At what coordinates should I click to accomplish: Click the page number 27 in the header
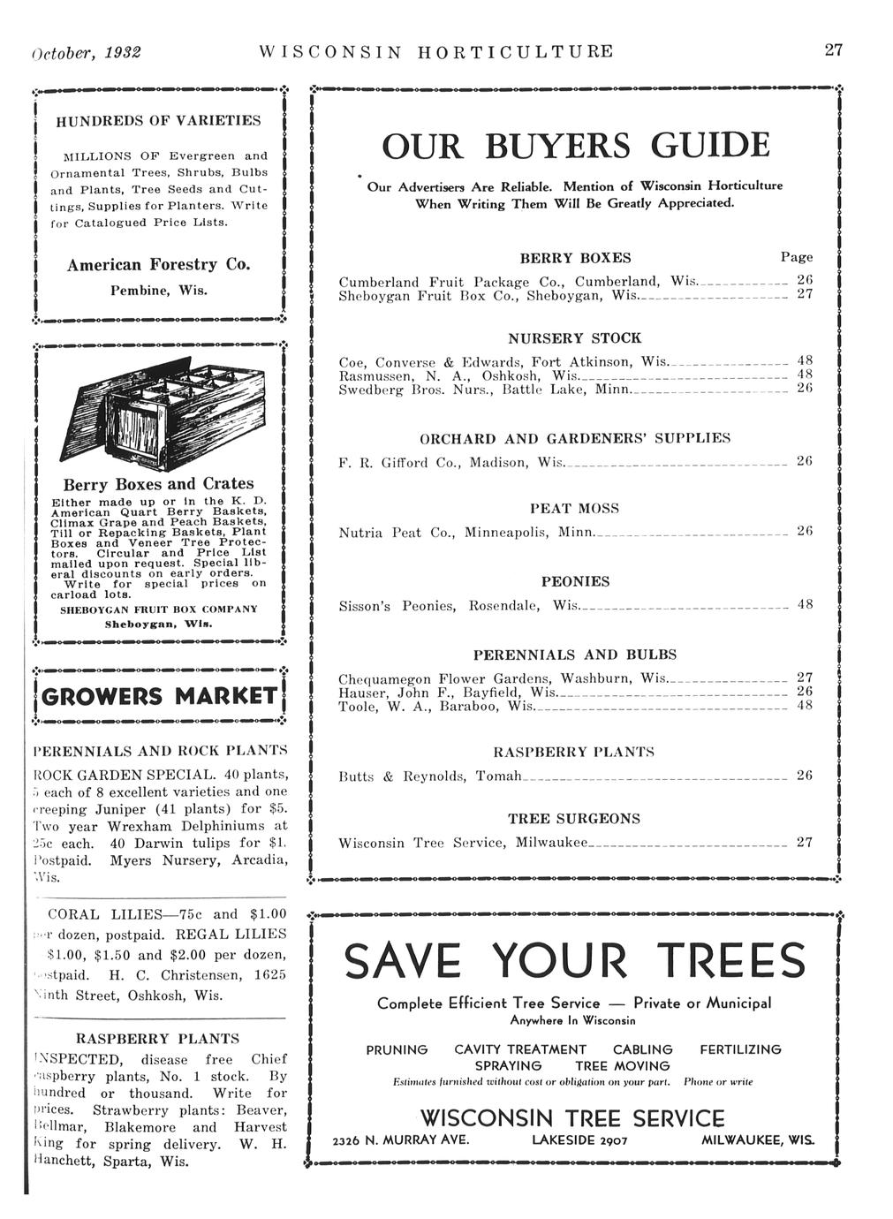pos(834,50)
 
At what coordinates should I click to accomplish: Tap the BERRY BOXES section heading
pos(575,258)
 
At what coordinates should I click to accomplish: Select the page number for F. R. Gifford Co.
pos(804,462)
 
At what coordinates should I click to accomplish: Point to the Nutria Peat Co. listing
pos(468,534)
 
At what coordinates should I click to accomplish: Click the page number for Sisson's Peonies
pos(804,605)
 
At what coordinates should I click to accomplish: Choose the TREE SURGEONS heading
pos(574,819)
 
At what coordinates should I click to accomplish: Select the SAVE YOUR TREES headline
pos(575,961)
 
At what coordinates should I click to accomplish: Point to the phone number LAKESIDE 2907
pos(579,1140)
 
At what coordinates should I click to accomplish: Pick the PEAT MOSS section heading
pos(574,509)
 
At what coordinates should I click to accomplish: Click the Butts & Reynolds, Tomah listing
pos(431,776)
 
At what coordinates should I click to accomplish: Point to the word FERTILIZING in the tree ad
pos(740,1049)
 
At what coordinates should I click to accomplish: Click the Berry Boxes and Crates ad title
pos(158,484)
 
